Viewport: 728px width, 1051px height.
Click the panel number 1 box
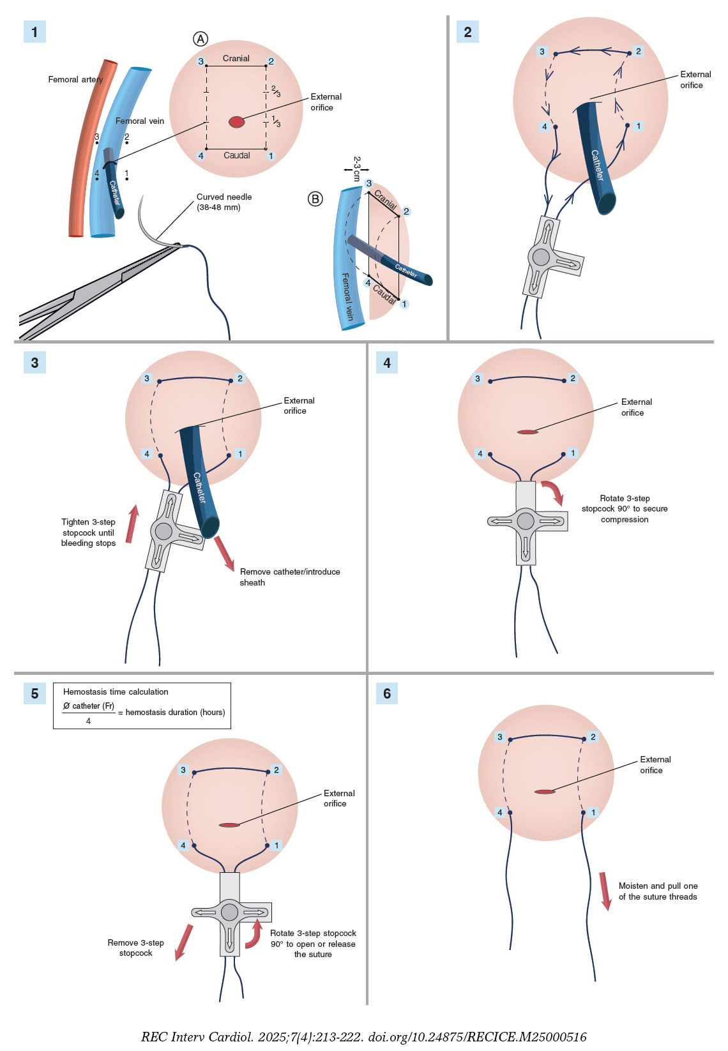pos(34,32)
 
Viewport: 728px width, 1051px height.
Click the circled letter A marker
pos(201,39)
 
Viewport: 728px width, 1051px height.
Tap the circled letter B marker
pos(315,199)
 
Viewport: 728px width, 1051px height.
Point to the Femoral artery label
pos(75,80)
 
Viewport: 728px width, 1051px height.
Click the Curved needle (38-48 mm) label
pos(224,202)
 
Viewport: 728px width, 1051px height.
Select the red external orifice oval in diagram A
pos(236,122)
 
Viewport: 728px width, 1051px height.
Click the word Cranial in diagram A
pos(236,58)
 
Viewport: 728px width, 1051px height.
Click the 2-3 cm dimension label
pos(357,169)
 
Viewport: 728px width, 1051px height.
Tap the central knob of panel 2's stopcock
pos(541,257)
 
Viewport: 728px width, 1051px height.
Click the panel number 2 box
pos(467,32)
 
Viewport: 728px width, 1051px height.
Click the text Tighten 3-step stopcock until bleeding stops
pos(88,533)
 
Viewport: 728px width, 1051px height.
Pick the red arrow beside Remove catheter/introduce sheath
pos(224,552)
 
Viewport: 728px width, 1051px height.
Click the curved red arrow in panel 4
pos(554,492)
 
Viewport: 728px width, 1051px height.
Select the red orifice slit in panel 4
pos(527,432)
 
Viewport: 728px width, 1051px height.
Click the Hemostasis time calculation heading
pos(116,692)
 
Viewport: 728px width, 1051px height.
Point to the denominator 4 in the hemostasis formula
pos(88,721)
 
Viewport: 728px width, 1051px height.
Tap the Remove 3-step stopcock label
pos(135,948)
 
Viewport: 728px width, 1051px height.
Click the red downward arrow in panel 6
pos(605,891)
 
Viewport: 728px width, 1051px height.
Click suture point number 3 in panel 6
pos(500,737)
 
